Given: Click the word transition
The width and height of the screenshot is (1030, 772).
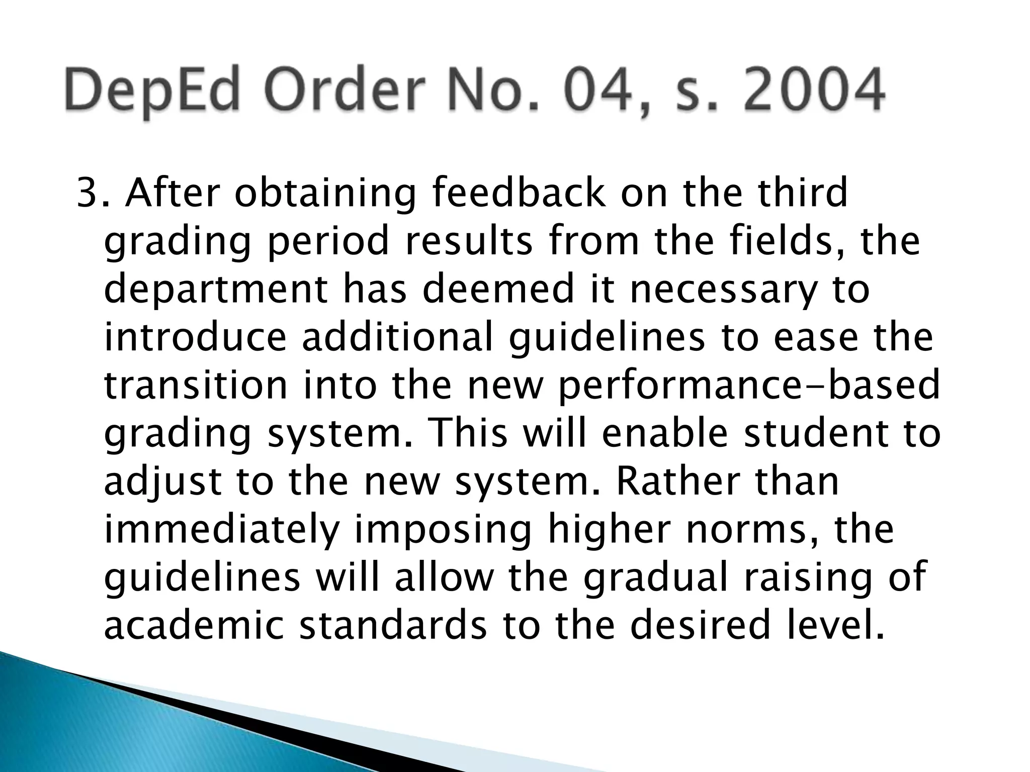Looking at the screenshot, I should coord(196,386).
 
